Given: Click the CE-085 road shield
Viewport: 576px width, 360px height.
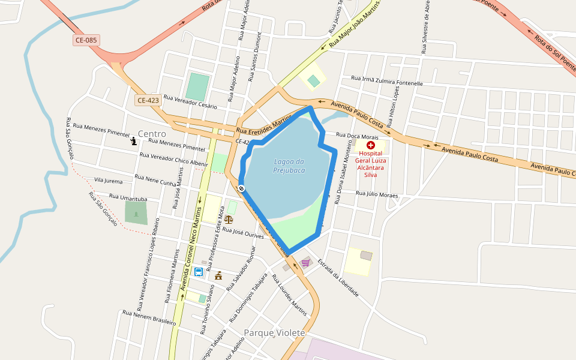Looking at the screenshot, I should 86,40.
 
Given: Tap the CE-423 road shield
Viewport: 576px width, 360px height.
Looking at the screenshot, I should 148,100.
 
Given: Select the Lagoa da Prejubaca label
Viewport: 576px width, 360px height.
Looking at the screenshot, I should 289,166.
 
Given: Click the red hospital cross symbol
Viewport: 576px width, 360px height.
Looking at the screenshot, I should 371,145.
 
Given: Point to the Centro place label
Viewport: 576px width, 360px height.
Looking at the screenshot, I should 152,133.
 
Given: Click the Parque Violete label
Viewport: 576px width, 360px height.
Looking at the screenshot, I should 274,332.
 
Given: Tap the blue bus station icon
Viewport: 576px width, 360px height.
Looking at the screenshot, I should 198,272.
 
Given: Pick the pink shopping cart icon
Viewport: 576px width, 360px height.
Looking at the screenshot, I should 305,262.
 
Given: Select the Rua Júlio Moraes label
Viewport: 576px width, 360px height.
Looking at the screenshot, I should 377,194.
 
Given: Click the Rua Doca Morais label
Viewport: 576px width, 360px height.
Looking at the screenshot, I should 356,136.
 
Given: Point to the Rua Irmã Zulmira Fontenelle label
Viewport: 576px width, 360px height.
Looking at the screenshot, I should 387,80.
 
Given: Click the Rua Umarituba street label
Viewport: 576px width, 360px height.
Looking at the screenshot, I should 128,197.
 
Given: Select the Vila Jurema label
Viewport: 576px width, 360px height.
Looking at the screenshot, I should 108,181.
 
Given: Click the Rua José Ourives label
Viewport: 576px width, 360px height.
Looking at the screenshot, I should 243,233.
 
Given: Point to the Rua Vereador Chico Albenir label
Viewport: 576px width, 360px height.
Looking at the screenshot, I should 173,159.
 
